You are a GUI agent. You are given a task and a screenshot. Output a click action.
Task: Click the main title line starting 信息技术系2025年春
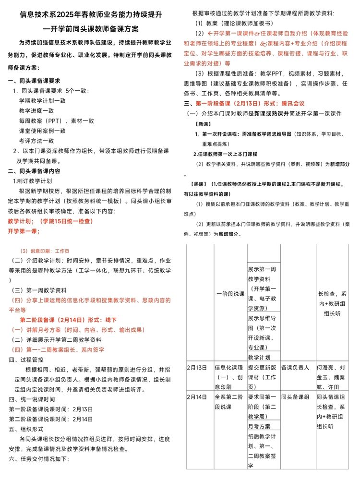click(91, 15)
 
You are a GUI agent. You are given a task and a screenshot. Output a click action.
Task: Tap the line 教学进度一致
click(36, 111)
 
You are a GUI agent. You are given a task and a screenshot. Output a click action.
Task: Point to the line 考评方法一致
click(36, 141)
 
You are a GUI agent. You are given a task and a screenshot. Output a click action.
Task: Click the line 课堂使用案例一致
click(42, 131)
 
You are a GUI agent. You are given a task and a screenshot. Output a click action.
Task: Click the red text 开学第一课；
click(24, 231)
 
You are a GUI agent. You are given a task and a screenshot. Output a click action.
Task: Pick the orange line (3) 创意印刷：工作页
click(44, 251)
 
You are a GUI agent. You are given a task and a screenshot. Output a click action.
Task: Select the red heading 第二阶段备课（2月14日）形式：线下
click(68, 320)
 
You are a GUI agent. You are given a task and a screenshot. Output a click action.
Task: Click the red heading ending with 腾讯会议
click(244, 103)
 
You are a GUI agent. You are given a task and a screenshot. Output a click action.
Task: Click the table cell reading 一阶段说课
click(230, 293)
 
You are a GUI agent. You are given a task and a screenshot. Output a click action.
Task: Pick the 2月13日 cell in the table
click(197, 368)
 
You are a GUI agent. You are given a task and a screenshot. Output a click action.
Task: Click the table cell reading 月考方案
click(259, 426)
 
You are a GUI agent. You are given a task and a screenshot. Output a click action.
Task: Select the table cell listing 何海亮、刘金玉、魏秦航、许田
click(334, 377)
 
